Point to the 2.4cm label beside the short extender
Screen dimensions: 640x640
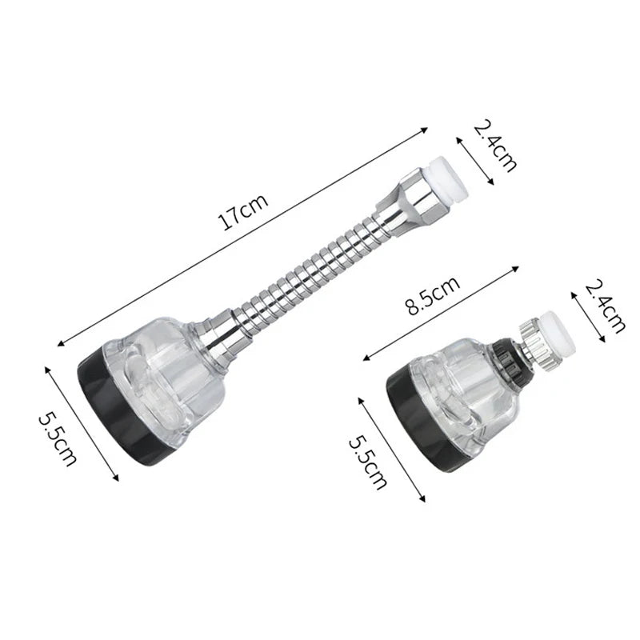(606, 305)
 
